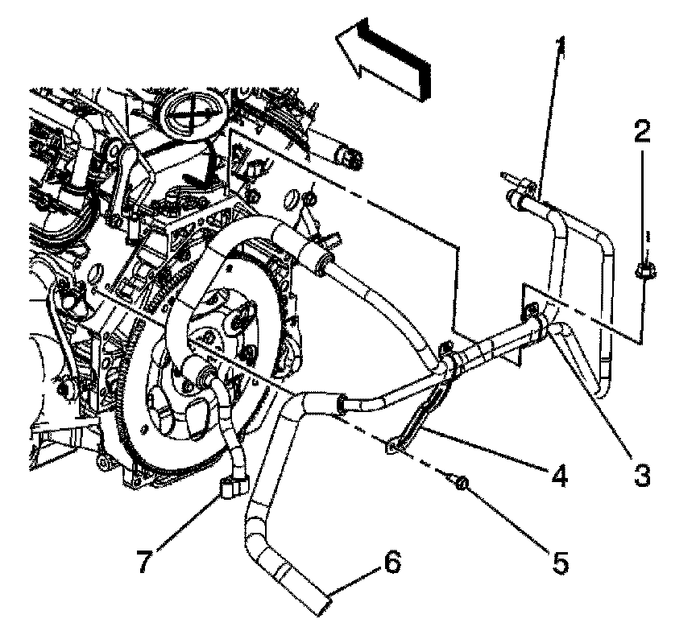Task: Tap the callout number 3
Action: [641, 475]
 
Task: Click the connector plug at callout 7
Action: [231, 486]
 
